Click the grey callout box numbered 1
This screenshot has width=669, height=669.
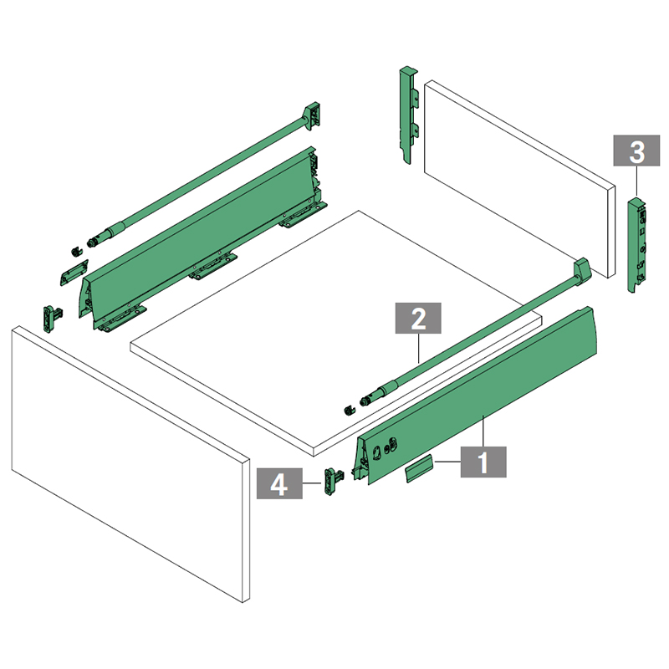pos(483,462)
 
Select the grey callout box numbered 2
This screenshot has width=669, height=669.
pos(418,319)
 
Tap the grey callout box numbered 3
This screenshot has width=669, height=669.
pos(636,151)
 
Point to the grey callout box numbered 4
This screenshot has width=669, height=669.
pos(279,483)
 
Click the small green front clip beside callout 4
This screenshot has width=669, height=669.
pos(332,482)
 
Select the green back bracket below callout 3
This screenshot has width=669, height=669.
pos(636,244)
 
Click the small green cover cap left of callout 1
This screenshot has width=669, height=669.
pos(419,468)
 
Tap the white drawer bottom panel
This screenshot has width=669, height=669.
pos(335,333)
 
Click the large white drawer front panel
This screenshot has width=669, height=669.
pos(130,463)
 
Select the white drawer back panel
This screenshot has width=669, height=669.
pos(519,179)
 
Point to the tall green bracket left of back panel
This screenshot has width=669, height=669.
pos(409,115)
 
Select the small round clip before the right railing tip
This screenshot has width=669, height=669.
pos(349,411)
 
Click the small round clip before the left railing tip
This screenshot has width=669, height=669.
pos(76,252)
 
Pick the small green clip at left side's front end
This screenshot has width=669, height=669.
pos(52,319)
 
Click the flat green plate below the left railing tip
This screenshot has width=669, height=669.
pos(74,273)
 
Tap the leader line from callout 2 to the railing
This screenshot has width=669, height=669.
pos(419,348)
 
